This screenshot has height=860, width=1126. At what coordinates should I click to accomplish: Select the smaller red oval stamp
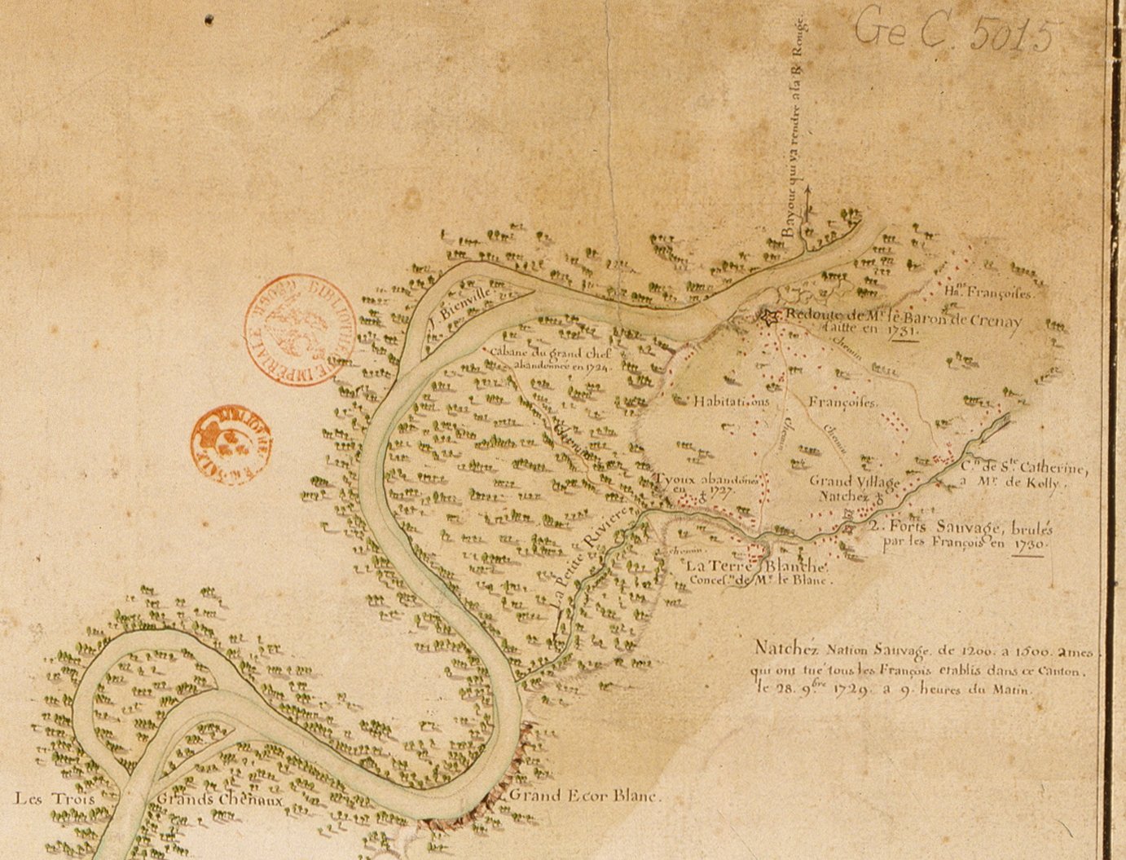[x=231, y=444]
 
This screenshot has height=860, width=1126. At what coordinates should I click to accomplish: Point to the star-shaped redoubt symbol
[x=768, y=316]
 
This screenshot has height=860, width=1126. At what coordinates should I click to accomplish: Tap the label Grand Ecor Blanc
[x=584, y=796]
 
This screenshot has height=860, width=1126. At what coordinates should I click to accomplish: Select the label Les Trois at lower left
[x=55, y=798]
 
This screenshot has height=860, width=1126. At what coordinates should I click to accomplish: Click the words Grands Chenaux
[x=220, y=800]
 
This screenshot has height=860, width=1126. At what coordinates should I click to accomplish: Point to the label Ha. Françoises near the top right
[x=988, y=292]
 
